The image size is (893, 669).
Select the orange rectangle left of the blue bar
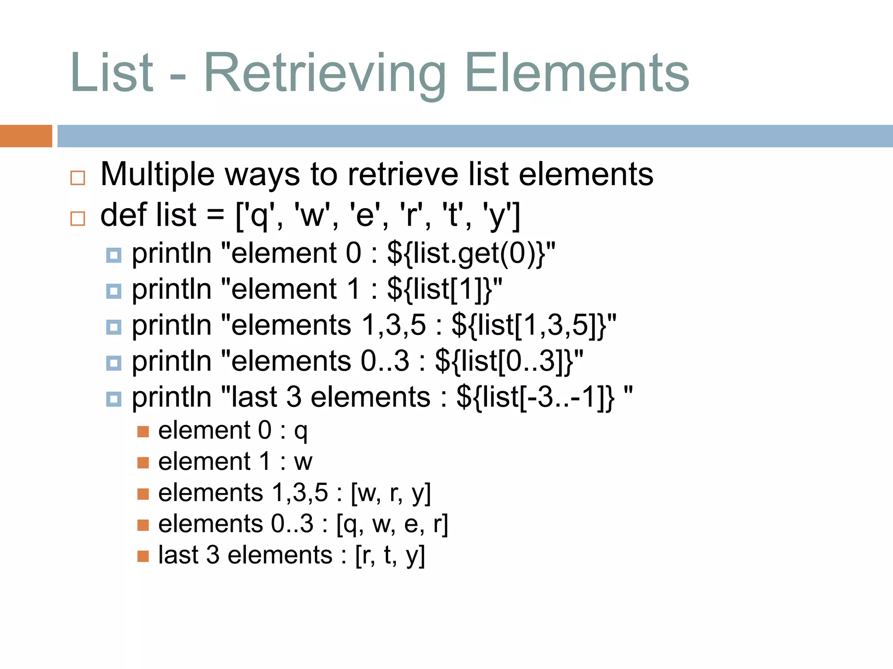pyautogui.click(x=26, y=136)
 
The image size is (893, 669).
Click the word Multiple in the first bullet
pyautogui.click(x=157, y=174)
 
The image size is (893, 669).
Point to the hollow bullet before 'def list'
pyautogui.click(x=78, y=218)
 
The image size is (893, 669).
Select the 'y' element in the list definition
pyautogui.click(x=496, y=216)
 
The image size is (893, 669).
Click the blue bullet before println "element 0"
pyautogui.click(x=114, y=255)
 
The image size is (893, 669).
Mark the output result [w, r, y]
pyautogui.click(x=391, y=493)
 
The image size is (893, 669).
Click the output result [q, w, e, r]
pyautogui.click(x=392, y=524)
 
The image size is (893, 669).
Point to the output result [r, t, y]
pyautogui.click(x=390, y=555)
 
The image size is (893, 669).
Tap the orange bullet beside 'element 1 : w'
pyautogui.click(x=143, y=463)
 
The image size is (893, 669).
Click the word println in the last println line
pyautogui.click(x=171, y=397)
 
